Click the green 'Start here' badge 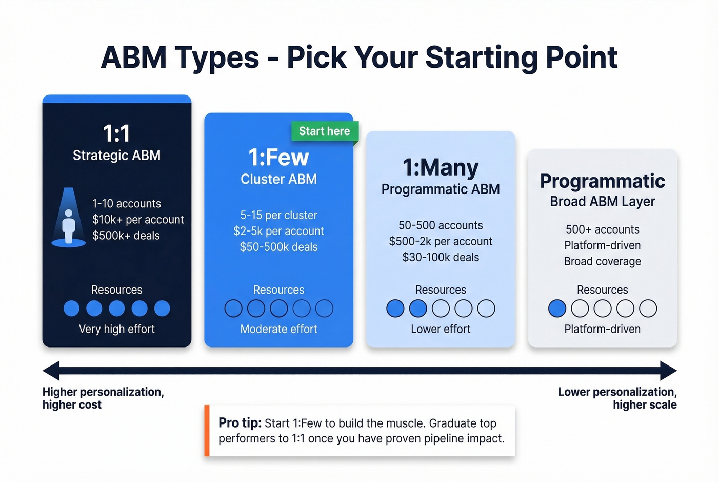(x=324, y=131)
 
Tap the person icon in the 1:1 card (x=69, y=225)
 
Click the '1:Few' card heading (x=278, y=157)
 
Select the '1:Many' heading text (x=441, y=167)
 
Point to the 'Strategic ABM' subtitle (x=116, y=155)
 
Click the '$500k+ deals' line (x=126, y=236)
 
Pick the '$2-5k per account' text (x=278, y=231)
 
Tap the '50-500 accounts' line (x=441, y=225)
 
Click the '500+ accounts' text (x=602, y=229)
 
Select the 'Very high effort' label (x=116, y=329)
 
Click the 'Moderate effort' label (x=278, y=329)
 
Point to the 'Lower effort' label (x=441, y=329)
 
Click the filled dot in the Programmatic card (x=557, y=309)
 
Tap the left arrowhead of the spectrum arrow (x=51, y=371)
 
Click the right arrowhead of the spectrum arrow (x=668, y=371)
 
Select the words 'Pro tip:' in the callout (x=240, y=423)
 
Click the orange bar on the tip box (x=207, y=431)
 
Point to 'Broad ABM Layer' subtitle (x=602, y=201)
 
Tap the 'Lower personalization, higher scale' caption (x=617, y=398)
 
